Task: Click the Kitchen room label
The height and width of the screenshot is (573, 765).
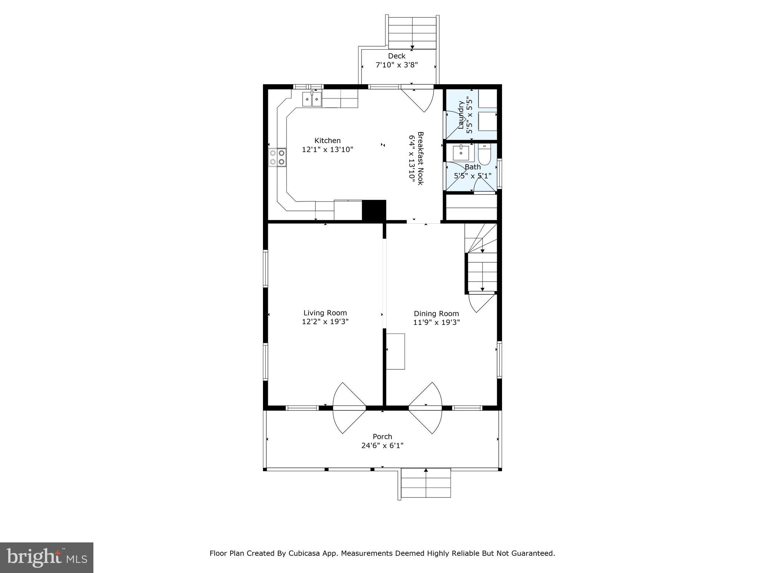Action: coord(327,141)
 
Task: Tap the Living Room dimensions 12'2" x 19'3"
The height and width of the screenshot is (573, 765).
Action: coord(325,322)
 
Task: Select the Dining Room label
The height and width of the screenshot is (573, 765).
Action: coord(436,314)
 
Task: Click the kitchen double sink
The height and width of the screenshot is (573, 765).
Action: coord(312,100)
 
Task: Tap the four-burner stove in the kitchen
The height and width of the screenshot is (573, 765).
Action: coord(277,157)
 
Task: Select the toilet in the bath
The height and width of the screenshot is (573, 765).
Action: coord(484,156)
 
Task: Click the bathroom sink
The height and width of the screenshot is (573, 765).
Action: coord(461,153)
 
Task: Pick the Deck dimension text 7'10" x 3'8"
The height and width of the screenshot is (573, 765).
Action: coord(396,65)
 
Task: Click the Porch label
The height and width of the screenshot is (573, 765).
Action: coord(382,436)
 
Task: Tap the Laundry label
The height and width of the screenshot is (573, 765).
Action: coord(461,115)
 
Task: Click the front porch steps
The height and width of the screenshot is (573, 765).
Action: coord(426,483)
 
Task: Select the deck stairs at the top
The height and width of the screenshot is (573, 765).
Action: coord(412,33)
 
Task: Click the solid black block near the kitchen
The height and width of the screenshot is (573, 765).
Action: coord(374,210)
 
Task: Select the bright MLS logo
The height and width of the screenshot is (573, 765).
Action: coord(46,557)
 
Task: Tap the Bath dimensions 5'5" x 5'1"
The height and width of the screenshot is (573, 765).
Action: coord(472,176)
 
